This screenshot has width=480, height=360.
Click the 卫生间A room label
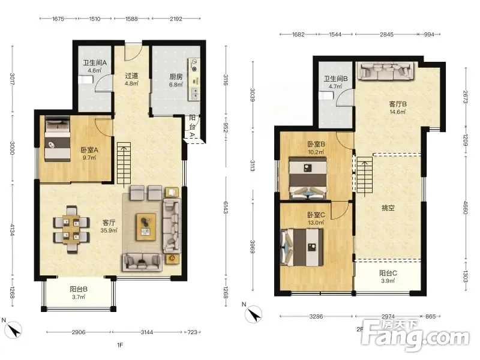pyautogui.click(x=95, y=63)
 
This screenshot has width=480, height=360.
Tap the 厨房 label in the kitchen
pyautogui.click(x=176, y=77)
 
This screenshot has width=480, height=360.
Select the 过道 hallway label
pyautogui.click(x=131, y=76)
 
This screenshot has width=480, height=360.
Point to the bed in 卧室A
pyautogui.click(x=58, y=140)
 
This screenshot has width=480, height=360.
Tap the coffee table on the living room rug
pyautogui.click(x=146, y=227)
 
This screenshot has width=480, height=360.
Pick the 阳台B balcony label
pyautogui.click(x=79, y=289)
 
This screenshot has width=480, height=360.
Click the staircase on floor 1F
pyautogui.click(x=124, y=163)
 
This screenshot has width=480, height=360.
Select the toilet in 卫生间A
pyautogui.click(x=85, y=80)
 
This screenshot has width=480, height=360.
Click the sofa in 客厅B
pyautogui.click(x=386, y=71)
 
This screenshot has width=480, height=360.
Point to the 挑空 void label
pyautogui.click(x=388, y=208)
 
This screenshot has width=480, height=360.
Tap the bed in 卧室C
pyautogui.click(x=302, y=247)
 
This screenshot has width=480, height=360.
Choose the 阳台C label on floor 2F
pyautogui.click(x=388, y=273)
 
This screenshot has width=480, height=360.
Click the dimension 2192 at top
pyautogui.click(x=176, y=19)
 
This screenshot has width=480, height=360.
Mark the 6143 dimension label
pyautogui.click(x=226, y=208)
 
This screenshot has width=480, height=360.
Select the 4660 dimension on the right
pyautogui.click(x=466, y=208)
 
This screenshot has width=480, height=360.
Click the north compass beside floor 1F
pyautogui.click(x=13, y=330)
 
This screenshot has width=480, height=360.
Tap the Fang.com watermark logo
pyautogui.click(x=415, y=335)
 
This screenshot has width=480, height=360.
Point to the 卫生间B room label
pyautogui.click(x=336, y=79)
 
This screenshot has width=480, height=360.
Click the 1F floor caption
pyautogui.click(x=120, y=345)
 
